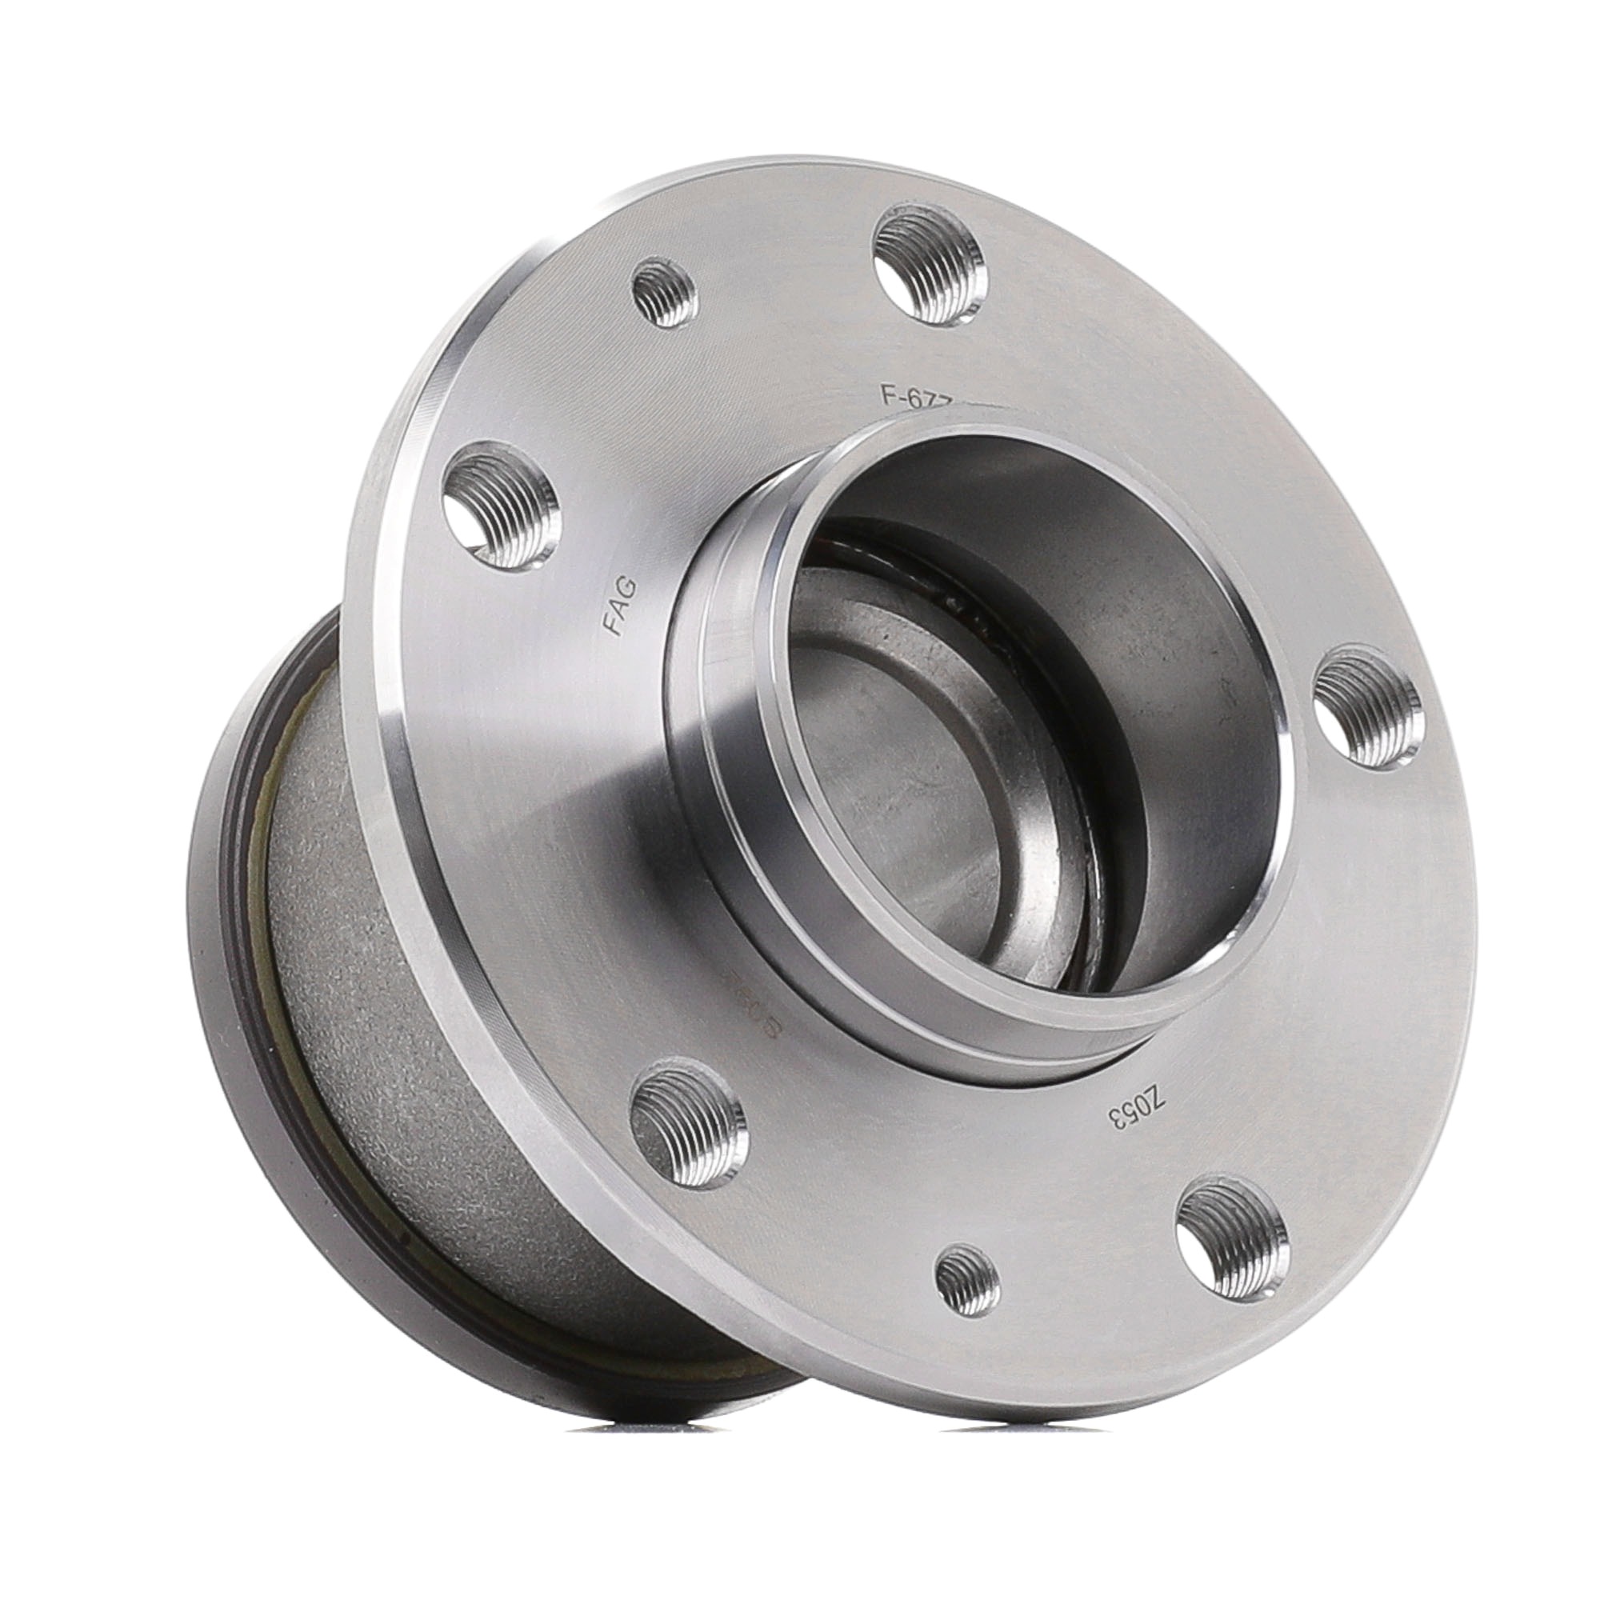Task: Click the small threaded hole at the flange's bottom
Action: (x=966, y=1301)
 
